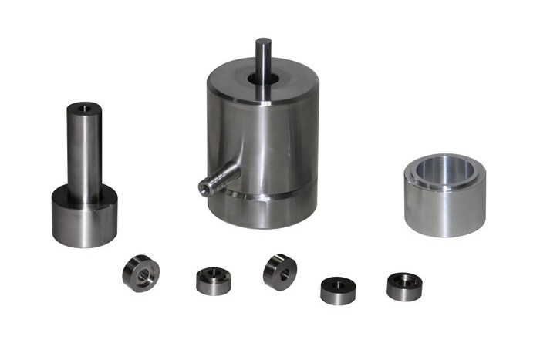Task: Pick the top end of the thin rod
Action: click(263, 41)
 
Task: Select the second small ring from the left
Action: click(213, 281)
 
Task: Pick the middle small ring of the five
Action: click(279, 271)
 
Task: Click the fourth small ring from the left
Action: click(338, 290)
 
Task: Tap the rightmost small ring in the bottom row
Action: click(404, 286)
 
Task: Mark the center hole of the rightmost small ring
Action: click(404, 278)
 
